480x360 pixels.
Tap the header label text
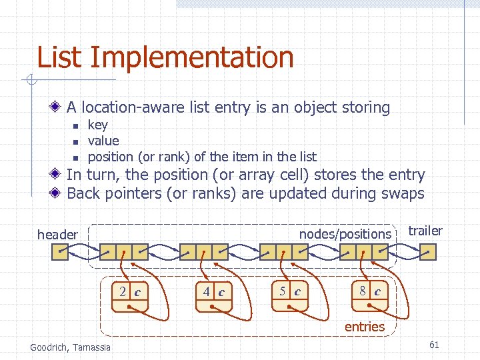(x=57, y=235)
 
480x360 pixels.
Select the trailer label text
(x=425, y=231)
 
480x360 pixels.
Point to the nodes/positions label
(x=345, y=234)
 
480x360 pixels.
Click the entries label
(x=365, y=327)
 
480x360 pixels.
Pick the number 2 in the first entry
(x=123, y=291)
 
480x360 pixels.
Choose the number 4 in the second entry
(x=207, y=291)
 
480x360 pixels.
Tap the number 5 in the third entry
(x=283, y=291)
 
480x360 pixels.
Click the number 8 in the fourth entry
(x=363, y=291)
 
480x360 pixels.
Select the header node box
(x=60, y=252)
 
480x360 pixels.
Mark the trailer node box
(x=427, y=252)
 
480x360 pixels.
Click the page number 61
(x=434, y=345)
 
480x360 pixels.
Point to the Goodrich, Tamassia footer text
(x=71, y=347)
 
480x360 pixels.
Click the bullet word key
(x=97, y=125)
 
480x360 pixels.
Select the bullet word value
(x=103, y=141)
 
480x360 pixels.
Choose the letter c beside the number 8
(x=377, y=291)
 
